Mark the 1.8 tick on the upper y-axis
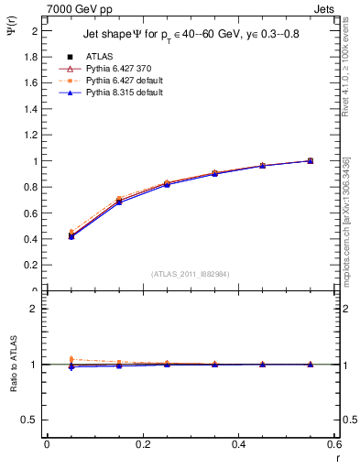pyautogui.click(x=32, y=57)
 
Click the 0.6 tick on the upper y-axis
pyautogui.click(x=32, y=213)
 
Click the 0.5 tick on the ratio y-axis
pyautogui.click(x=32, y=420)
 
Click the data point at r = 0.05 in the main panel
pyautogui.click(x=71, y=235)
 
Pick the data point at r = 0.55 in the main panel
pyautogui.click(x=310, y=160)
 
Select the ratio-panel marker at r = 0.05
pyautogui.click(x=71, y=365)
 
